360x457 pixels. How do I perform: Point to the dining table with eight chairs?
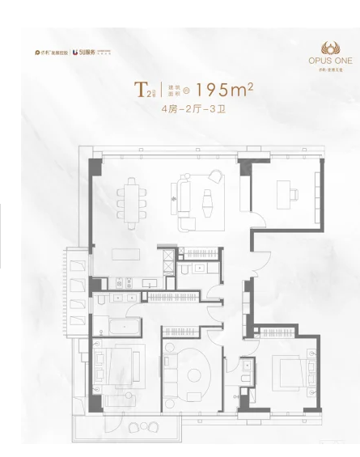131,197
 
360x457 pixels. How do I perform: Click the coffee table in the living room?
204,199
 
